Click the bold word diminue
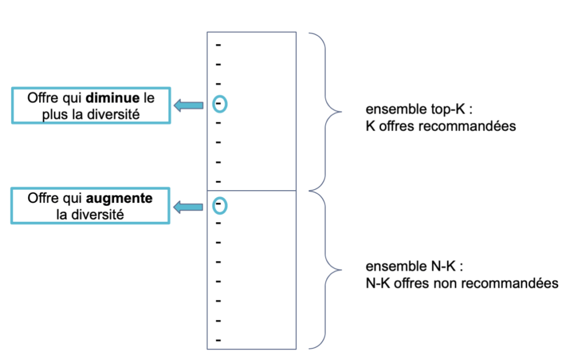coord(116,98)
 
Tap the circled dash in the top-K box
coord(219,103)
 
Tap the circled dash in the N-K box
coord(219,205)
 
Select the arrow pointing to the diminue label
coord(188,105)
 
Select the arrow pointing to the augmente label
coord(188,207)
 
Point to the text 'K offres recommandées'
coord(441,126)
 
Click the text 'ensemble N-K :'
coord(413,268)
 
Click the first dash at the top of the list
coord(218,44)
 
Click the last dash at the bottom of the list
coord(218,340)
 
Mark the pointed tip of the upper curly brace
coord(334,111)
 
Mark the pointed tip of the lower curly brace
coord(334,270)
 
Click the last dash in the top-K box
coord(218,181)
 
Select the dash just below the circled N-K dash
coord(218,223)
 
